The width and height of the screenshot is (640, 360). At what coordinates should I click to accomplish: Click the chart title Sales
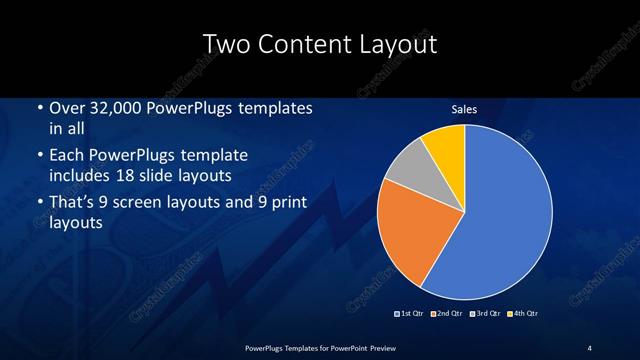pyautogui.click(x=464, y=109)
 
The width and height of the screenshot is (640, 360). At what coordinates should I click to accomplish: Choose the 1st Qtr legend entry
pyautogui.click(x=409, y=315)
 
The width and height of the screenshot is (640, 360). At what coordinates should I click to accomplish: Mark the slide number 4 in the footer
pyautogui.click(x=589, y=347)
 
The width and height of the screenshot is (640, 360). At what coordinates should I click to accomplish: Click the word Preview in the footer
pyautogui.click(x=377, y=347)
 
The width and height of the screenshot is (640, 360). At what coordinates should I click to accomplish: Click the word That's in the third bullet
pyautogui.click(x=75, y=203)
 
